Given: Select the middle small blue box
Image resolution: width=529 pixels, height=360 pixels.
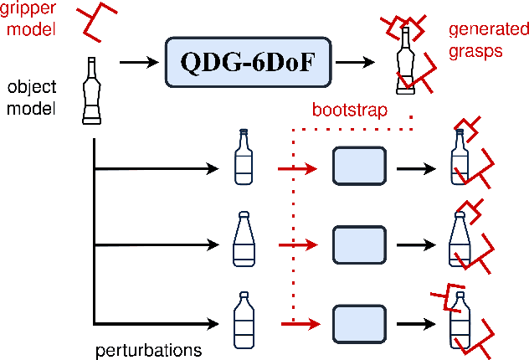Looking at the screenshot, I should point(358,244).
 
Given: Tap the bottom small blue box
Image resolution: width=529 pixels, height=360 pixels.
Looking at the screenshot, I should point(358,322).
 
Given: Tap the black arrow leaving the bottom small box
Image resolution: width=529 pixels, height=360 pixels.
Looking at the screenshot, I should point(415,322).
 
